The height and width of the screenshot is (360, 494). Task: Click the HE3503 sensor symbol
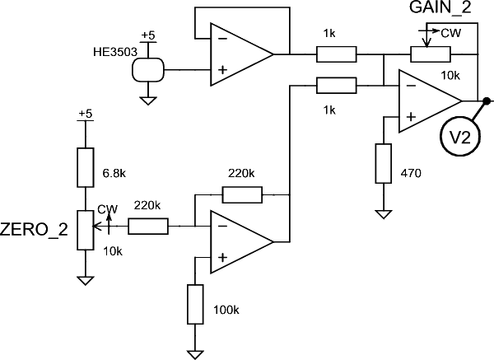coord(148,70)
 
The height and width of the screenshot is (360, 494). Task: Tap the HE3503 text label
coord(115,52)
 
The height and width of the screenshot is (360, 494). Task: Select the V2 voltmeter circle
coord(460,137)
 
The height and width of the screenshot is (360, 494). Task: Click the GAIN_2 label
coord(440,7)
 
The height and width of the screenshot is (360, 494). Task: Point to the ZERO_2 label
coord(34,230)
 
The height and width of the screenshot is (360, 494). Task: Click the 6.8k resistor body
coord(86,167)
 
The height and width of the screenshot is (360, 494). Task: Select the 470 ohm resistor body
coord(384,163)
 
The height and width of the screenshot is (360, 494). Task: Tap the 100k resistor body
coord(195,304)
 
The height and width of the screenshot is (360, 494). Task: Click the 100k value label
coord(226,310)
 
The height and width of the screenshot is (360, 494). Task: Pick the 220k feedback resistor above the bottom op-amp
coord(242,194)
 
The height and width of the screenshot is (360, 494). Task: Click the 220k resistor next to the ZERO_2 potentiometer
coord(148,226)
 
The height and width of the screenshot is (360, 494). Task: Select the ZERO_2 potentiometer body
coord(86,230)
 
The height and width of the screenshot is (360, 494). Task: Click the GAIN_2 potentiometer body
coord(431,54)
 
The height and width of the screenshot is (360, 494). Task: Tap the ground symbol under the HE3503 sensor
coord(148,101)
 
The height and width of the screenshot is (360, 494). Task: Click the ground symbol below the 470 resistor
coord(384,214)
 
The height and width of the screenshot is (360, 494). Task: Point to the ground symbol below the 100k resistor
coord(195,354)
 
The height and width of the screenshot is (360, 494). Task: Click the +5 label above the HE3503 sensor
coord(148,35)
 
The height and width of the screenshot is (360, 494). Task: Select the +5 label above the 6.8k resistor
coord(86,114)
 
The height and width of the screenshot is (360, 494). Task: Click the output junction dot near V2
coord(487,101)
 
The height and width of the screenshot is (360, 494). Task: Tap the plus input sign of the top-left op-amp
coord(223,70)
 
